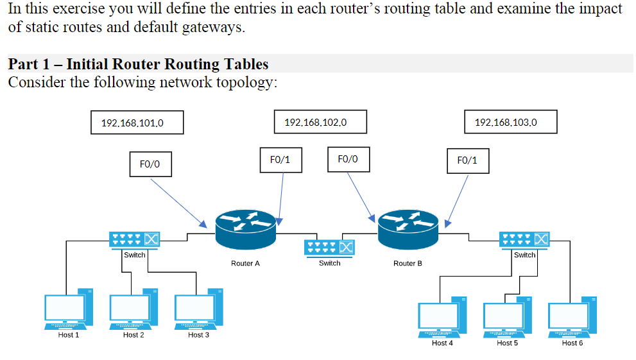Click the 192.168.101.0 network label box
pyautogui.click(x=137, y=123)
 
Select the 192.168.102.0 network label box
pyautogui.click(x=320, y=122)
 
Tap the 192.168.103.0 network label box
pyautogui.click(x=511, y=122)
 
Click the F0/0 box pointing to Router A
pyautogui.click(x=150, y=164)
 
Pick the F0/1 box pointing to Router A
pyautogui.click(x=280, y=160)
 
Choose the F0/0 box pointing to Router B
pyautogui.click(x=348, y=159)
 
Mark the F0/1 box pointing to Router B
pyautogui.click(x=468, y=161)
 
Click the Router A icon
pyautogui.click(x=245, y=229)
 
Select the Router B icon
pyautogui.click(x=408, y=229)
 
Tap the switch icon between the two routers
pyautogui.click(x=329, y=247)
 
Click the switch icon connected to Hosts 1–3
pyautogui.click(x=134, y=239)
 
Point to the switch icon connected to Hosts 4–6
pyautogui.click(x=524, y=239)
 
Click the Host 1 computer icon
pyautogui.click(x=69, y=309)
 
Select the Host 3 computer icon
pyautogui.click(x=198, y=309)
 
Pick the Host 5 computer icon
pyautogui.click(x=507, y=317)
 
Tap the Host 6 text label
pyautogui.click(x=572, y=343)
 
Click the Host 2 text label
pyautogui.click(x=133, y=335)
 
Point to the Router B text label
pyautogui.click(x=408, y=264)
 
